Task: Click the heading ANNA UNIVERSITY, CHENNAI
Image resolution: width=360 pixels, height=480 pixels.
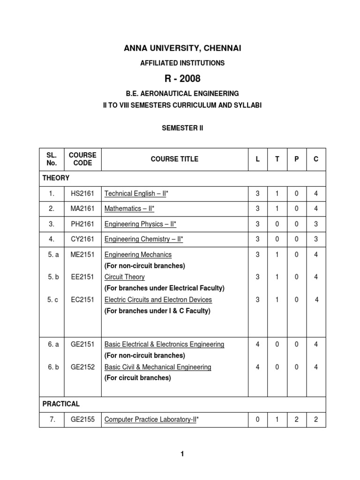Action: (183, 48)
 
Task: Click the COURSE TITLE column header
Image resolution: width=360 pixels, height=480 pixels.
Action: (174, 159)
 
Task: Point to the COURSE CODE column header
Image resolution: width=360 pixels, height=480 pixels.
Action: (82, 159)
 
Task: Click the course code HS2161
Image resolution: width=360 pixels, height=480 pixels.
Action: (82, 193)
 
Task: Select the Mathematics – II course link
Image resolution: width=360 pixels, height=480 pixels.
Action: (129, 209)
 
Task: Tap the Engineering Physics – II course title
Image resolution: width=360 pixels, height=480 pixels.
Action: (143, 224)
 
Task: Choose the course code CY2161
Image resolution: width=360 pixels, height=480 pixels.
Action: (82, 239)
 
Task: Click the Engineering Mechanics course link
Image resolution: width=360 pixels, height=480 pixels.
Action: (138, 255)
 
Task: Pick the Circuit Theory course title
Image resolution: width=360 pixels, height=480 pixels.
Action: (124, 277)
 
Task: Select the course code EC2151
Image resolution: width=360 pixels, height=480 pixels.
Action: (82, 300)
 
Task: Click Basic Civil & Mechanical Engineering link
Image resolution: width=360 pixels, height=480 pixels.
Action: (157, 367)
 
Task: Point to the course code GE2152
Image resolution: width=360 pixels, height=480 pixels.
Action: (82, 367)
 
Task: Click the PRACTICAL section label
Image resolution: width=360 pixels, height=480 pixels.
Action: (61, 404)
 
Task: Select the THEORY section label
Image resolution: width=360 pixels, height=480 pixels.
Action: (56, 178)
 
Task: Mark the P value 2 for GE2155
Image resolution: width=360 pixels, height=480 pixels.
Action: (296, 420)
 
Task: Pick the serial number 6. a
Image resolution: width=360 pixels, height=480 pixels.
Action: (53, 345)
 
